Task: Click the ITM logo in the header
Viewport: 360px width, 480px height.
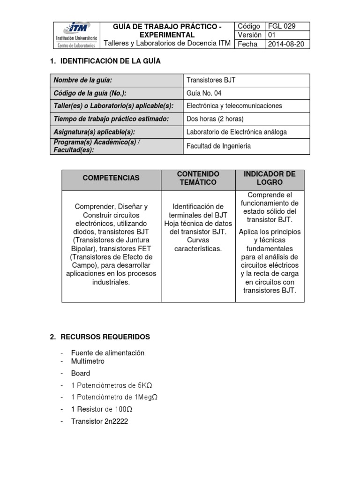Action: coord(76,35)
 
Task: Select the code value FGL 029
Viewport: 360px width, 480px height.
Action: coord(281,26)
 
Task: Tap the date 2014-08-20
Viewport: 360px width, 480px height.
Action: coord(285,44)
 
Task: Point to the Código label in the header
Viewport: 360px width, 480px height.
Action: coord(249,26)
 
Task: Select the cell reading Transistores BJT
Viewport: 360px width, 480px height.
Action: coord(211,80)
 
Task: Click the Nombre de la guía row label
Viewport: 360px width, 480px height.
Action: coord(83,80)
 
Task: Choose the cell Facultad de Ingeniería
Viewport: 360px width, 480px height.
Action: coord(218,146)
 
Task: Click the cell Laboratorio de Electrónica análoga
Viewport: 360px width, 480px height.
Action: coord(237,132)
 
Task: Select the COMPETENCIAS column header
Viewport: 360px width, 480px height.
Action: coord(111,178)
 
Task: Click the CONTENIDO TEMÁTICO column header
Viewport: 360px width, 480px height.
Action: coord(198,178)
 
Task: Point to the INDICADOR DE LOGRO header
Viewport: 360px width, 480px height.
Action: coord(270,178)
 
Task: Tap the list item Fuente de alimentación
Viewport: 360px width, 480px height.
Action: coord(107,352)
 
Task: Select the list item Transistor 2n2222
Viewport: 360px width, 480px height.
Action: coord(99,421)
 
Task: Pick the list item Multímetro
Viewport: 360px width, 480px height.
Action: coord(88,361)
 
